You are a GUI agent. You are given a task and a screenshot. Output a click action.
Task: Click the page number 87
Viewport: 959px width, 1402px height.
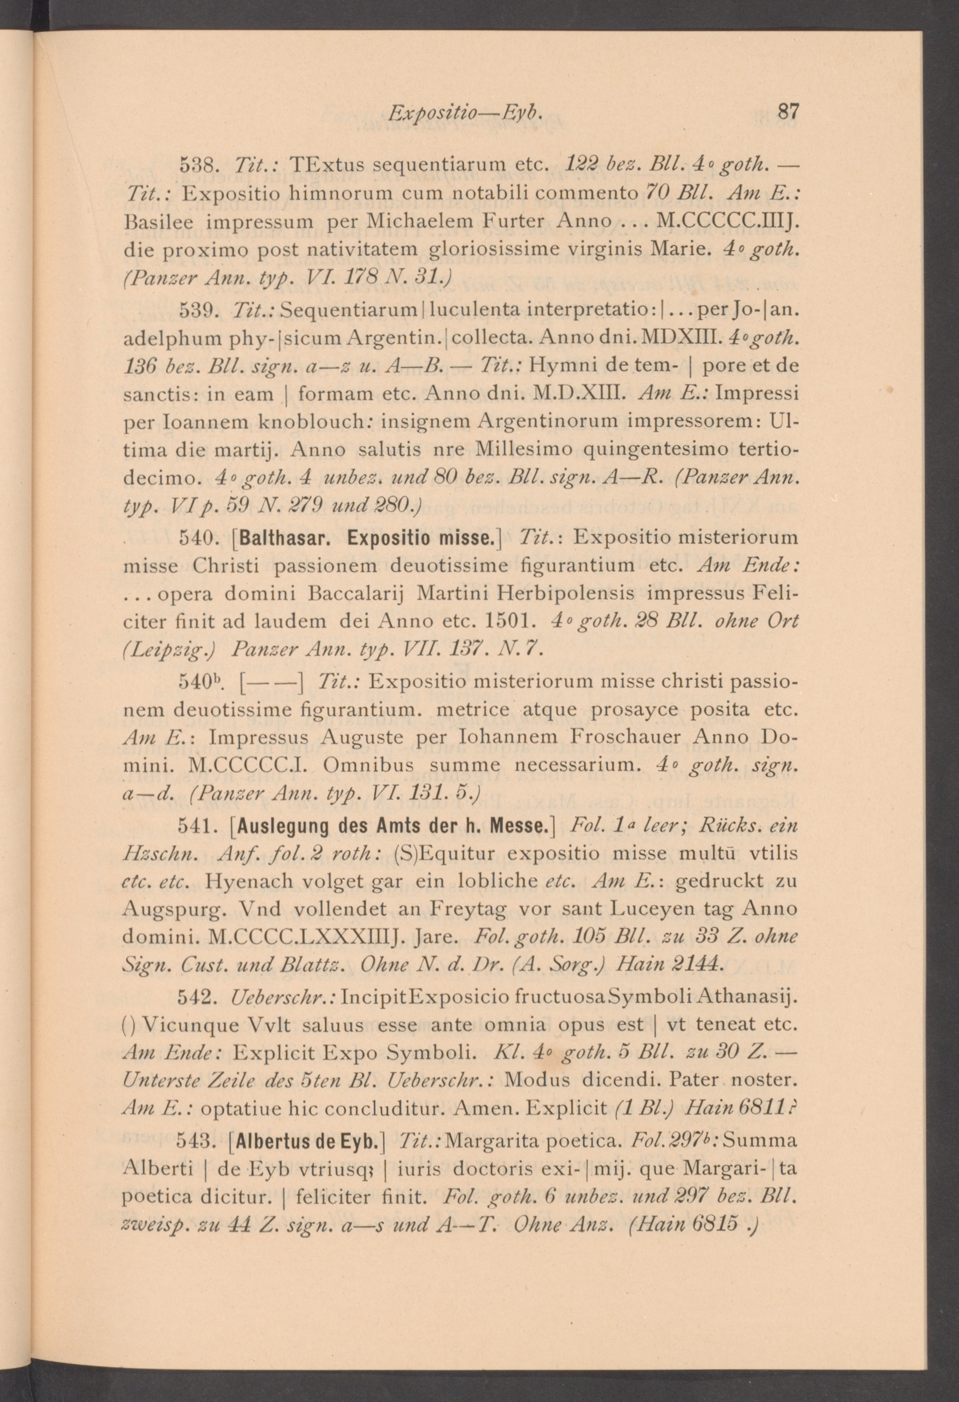pos(788,112)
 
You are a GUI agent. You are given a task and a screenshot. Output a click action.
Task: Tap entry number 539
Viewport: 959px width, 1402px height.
pos(196,310)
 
